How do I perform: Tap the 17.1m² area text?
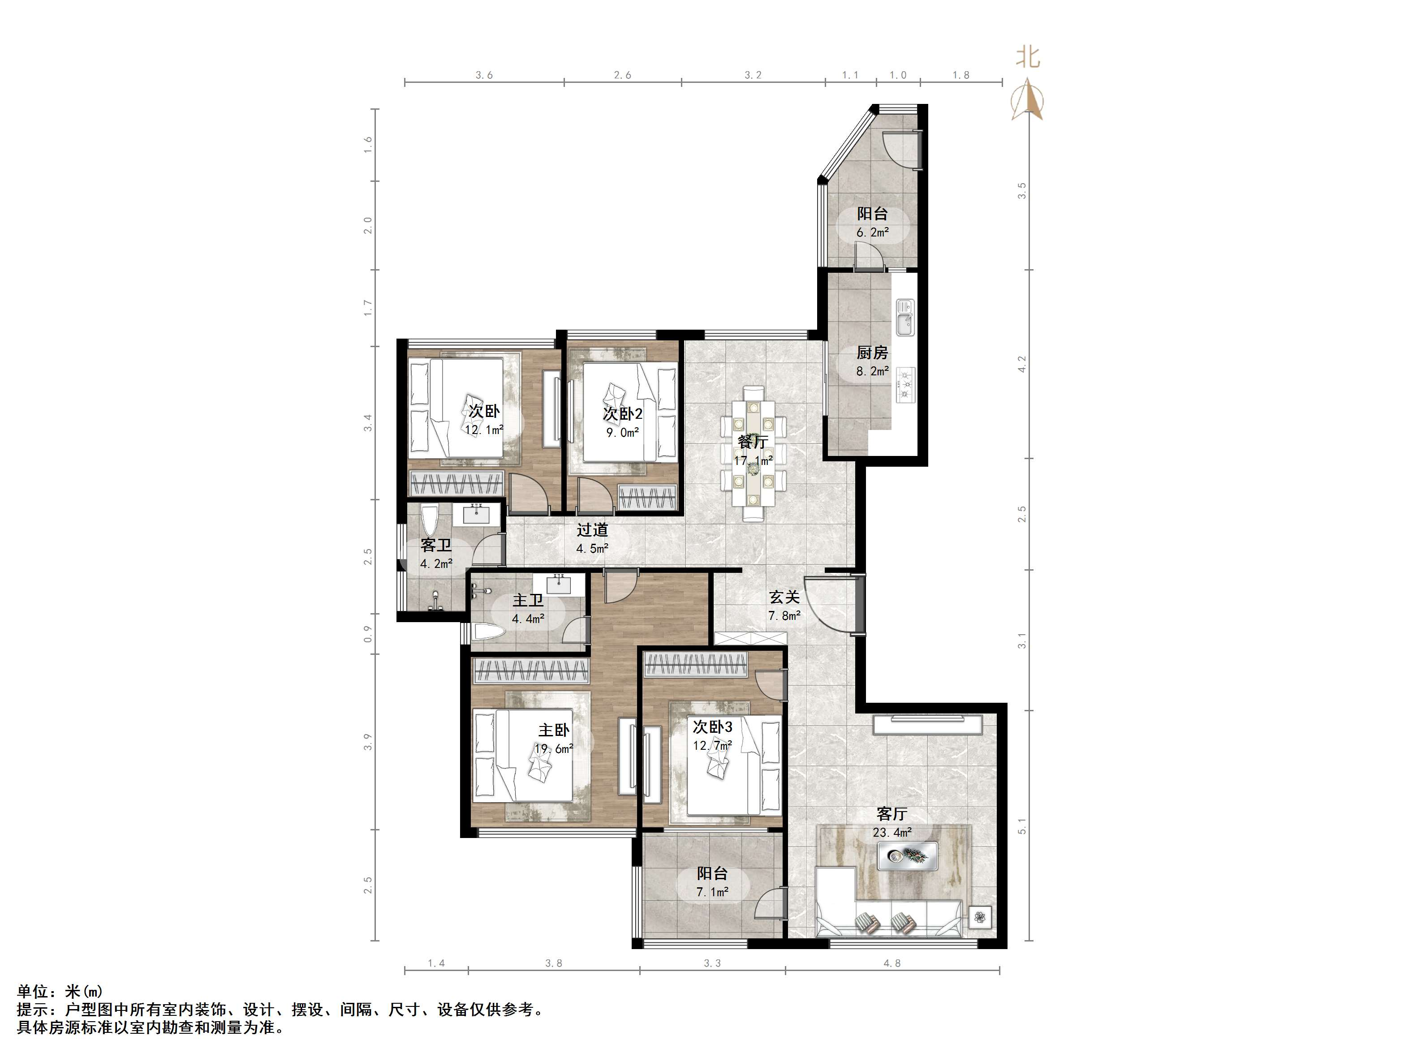(x=754, y=460)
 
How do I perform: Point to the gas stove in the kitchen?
(x=905, y=385)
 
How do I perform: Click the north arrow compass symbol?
(x=1028, y=99)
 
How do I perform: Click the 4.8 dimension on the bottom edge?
(x=892, y=963)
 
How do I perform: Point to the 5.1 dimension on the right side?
(x=1022, y=826)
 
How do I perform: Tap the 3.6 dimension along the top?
(x=484, y=75)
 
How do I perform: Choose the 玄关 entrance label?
(x=784, y=597)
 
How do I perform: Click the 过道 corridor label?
(x=592, y=529)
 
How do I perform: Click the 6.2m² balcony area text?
(x=872, y=232)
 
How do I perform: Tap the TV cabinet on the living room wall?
(x=927, y=725)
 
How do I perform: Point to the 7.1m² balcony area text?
(x=712, y=892)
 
